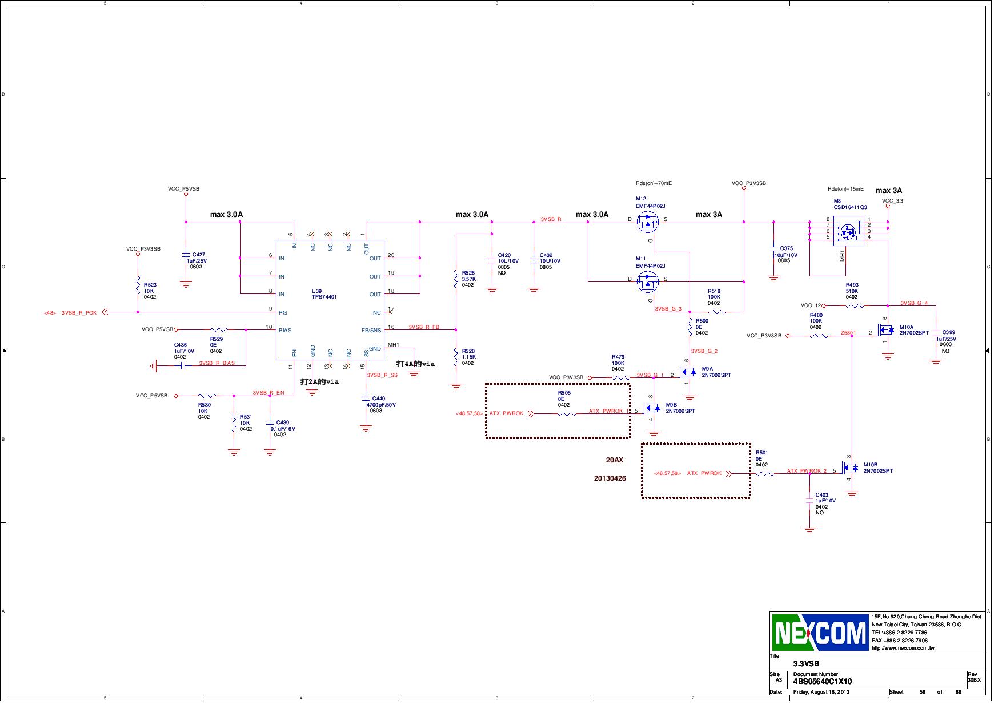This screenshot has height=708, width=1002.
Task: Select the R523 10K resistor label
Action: click(x=150, y=291)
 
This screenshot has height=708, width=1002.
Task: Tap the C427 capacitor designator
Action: click(x=199, y=254)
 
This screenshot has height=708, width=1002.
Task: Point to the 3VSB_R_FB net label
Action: click(x=424, y=327)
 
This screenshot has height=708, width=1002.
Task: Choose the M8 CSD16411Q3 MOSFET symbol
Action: click(x=848, y=231)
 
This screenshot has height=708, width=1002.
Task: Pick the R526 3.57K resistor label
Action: click(x=468, y=279)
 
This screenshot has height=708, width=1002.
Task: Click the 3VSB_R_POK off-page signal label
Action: click(x=79, y=312)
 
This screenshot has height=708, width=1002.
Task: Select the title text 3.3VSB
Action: click(x=806, y=663)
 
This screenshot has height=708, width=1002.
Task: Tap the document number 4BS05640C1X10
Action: click(x=822, y=681)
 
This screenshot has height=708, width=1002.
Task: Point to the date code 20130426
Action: click(x=610, y=478)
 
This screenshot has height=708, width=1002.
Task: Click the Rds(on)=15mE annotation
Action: click(x=845, y=189)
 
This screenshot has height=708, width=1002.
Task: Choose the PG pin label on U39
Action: click(x=282, y=313)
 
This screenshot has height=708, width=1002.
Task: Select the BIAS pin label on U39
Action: click(x=285, y=330)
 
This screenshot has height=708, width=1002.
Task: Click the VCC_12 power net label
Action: click(x=811, y=305)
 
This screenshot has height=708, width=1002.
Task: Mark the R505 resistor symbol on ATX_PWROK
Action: click(x=566, y=414)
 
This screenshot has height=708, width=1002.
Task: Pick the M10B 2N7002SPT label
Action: click(x=878, y=468)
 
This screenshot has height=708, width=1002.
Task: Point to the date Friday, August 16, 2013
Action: click(x=821, y=692)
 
